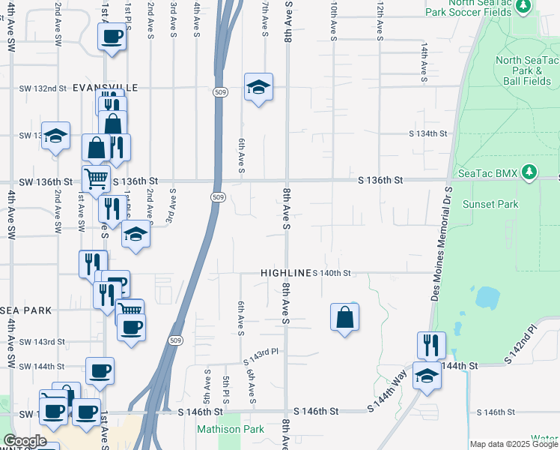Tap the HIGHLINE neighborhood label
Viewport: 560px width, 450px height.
point(285,273)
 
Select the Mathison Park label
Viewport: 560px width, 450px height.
point(220,430)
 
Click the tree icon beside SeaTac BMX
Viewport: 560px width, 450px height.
point(529,172)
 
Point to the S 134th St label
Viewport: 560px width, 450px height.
point(427,133)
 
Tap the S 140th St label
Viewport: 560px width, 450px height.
point(332,273)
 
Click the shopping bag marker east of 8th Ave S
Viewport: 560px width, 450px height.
point(344,316)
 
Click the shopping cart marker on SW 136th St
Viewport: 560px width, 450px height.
point(96,179)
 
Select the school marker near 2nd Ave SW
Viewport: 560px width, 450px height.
point(55,136)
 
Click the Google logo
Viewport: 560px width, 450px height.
point(25,441)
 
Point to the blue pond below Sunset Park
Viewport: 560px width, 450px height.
point(487,298)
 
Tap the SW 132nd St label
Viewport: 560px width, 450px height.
point(43,88)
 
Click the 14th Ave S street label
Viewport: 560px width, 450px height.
point(424,58)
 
